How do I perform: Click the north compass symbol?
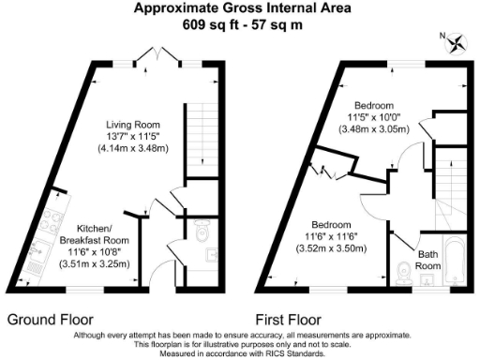(x=457, y=43)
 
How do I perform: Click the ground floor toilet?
(x=200, y=228)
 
